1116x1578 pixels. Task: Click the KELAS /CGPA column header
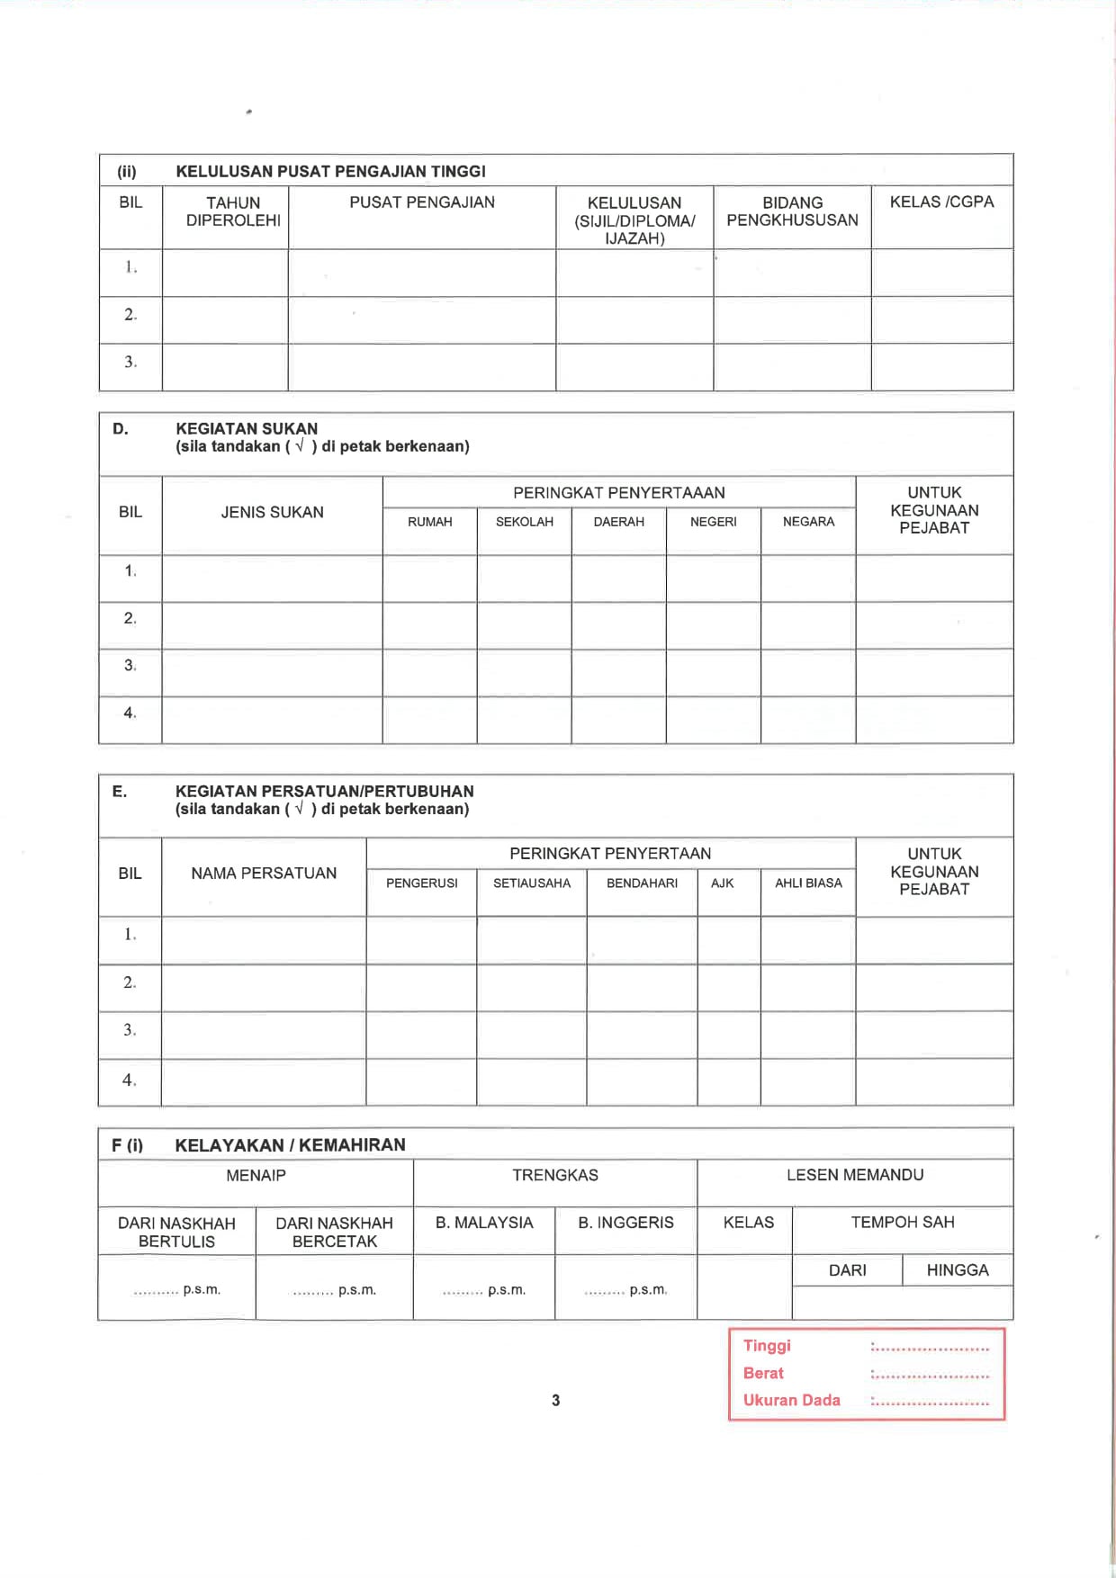point(941,202)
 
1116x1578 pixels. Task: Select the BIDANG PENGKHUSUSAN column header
point(792,211)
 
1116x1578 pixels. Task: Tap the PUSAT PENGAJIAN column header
point(421,202)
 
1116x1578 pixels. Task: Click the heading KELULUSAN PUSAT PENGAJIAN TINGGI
point(330,171)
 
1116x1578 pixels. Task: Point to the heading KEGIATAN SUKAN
point(247,429)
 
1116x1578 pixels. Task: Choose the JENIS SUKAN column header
point(272,513)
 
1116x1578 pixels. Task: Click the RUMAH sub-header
point(429,522)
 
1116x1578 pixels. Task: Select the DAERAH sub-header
point(618,522)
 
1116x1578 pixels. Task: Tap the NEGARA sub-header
point(808,522)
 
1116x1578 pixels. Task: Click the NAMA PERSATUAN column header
point(264,874)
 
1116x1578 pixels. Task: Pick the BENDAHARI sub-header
point(642,883)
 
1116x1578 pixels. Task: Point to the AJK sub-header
point(722,883)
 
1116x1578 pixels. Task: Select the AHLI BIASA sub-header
point(808,883)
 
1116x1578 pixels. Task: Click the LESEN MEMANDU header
point(855,1175)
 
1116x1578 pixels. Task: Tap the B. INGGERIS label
point(625,1223)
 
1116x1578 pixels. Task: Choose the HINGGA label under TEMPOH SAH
point(958,1270)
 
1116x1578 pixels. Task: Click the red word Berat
point(763,1373)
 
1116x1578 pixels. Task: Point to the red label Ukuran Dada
point(791,1400)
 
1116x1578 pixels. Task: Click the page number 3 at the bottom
point(556,1400)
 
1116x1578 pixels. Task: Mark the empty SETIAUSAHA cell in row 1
point(531,940)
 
